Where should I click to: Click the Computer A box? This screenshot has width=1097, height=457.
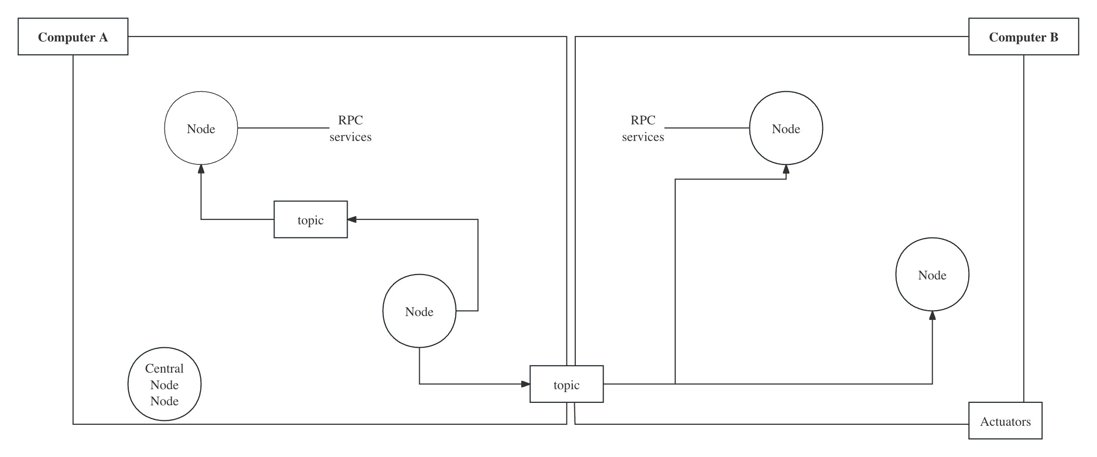[x=73, y=37]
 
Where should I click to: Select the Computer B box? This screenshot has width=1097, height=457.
[x=1023, y=37]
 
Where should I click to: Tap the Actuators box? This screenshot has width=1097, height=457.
[x=1005, y=420]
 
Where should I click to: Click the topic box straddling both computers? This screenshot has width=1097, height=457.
[x=567, y=384]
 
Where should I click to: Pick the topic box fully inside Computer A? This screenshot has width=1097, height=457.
[x=311, y=219]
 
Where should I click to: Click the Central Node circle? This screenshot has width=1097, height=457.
[x=164, y=384]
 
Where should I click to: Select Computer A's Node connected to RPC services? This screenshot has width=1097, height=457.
[x=201, y=128]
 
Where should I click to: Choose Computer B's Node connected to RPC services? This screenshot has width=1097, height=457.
[x=786, y=128]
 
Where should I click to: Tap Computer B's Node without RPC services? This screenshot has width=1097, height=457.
[x=932, y=275]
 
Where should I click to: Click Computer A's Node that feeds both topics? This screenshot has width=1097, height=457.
[x=419, y=311]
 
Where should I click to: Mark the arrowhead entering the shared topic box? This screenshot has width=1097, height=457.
[x=525, y=384]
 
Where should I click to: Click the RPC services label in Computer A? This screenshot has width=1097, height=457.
[x=350, y=128]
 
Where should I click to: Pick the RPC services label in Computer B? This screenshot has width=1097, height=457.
[x=643, y=128]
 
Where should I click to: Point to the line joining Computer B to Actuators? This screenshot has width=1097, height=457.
[x=1023, y=229]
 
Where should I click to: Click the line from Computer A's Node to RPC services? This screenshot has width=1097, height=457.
[x=283, y=128]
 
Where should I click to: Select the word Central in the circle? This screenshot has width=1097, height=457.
[x=164, y=368]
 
